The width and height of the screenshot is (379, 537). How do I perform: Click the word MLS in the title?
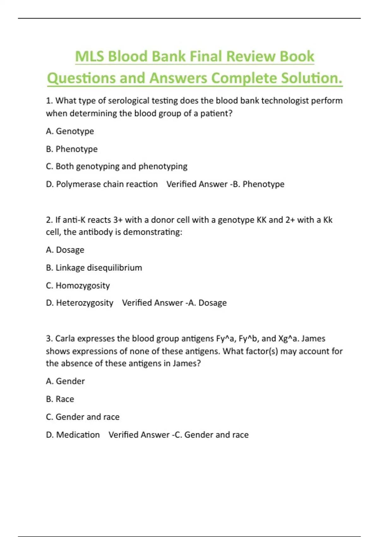point(89,57)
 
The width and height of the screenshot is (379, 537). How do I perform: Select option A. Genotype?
point(70,131)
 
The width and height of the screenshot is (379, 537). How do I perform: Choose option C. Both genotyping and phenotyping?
point(117,166)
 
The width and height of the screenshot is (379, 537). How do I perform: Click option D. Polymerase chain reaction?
point(102,184)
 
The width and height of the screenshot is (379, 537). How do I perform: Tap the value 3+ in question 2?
point(118,220)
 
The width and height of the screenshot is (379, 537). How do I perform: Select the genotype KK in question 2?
point(262,220)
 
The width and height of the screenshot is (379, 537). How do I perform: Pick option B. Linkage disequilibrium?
point(94,268)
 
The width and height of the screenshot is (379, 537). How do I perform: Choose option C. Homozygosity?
point(78,286)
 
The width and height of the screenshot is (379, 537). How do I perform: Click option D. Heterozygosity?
point(80,303)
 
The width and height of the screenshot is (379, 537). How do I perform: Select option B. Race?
point(60,399)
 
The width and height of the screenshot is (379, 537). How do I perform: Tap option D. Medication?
point(73,435)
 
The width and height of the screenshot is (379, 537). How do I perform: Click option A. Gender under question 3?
point(65,381)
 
